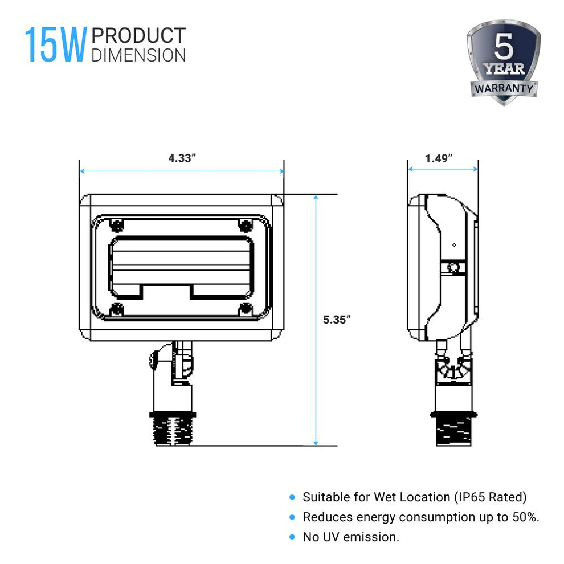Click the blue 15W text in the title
pyautogui.click(x=55, y=46)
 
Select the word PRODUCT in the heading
pyautogui.click(x=138, y=36)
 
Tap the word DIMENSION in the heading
pyautogui.click(x=138, y=55)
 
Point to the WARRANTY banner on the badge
pyautogui.click(x=504, y=89)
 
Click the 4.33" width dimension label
pyautogui.click(x=182, y=158)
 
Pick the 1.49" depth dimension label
pyautogui.click(x=439, y=158)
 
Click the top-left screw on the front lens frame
pyautogui.click(x=117, y=224)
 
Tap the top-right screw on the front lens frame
pyautogui.click(x=246, y=224)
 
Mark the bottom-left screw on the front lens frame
pyautogui.click(x=117, y=309)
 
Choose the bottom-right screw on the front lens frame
pyautogui.click(x=246, y=309)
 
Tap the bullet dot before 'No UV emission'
pyautogui.click(x=292, y=537)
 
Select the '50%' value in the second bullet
pyautogui.click(x=525, y=517)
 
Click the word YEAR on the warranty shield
pyautogui.click(x=504, y=70)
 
